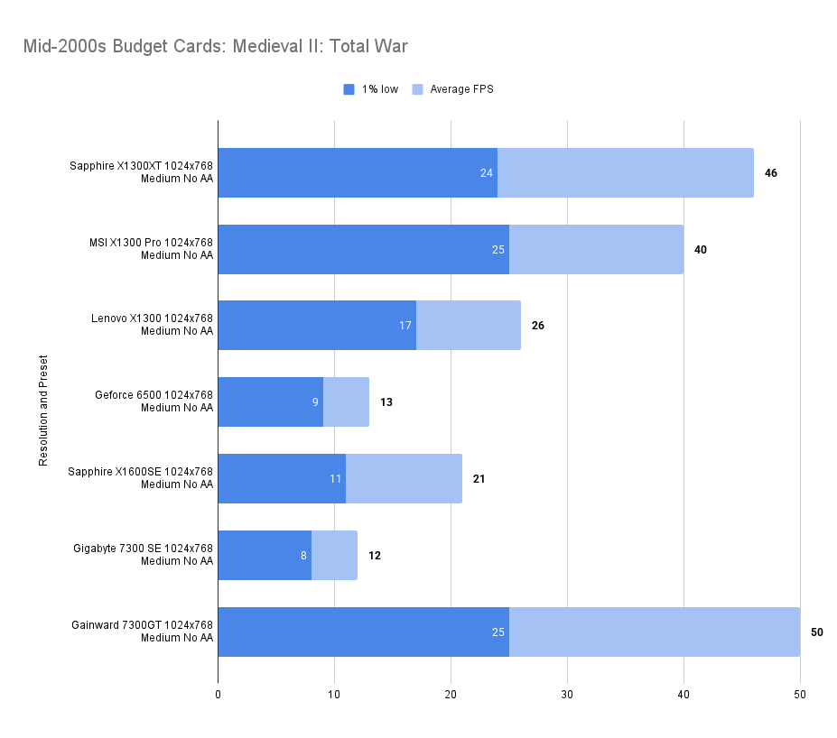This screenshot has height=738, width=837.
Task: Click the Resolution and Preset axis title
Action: click(x=43, y=411)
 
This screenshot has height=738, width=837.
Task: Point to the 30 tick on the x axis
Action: click(x=567, y=694)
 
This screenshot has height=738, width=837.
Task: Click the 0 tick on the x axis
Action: click(x=218, y=694)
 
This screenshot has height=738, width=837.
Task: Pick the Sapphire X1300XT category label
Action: click(x=141, y=172)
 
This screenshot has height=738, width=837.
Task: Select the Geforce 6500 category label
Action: click(x=153, y=401)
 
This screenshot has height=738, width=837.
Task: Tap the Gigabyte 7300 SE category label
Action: click(x=144, y=555)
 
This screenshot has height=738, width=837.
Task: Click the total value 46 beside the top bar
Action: click(x=770, y=172)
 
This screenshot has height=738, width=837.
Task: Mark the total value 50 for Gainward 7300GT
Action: click(x=816, y=632)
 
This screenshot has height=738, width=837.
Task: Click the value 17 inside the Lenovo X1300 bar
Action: click(x=405, y=325)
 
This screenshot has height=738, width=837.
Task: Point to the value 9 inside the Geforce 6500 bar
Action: click(x=315, y=401)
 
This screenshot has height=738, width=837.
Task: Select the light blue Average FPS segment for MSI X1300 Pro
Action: click(x=596, y=249)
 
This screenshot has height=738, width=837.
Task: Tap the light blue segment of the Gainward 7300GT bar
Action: click(x=654, y=632)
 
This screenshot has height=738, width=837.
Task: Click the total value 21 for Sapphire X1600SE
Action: click(x=479, y=478)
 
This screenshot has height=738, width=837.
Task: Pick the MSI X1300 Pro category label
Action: click(x=151, y=249)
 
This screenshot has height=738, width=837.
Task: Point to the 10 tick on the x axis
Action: click(x=334, y=694)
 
